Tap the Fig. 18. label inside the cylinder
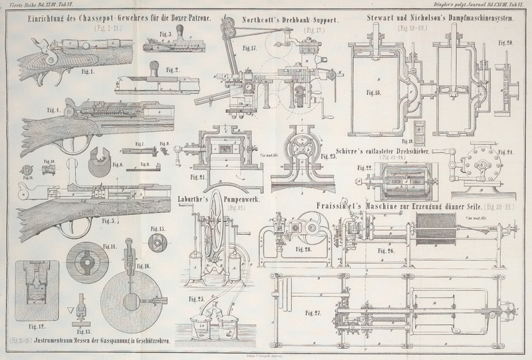click(373, 92)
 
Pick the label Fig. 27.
click(313, 311)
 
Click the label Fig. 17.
click(249, 49)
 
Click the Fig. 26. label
click(387, 252)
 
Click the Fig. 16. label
click(143, 266)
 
